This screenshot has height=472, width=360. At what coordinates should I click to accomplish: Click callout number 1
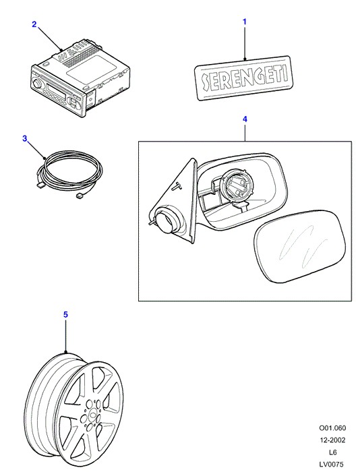(x=245, y=22)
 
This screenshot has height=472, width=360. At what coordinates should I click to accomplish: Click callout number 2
(x=34, y=24)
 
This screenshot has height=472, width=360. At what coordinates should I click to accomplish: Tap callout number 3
(x=25, y=139)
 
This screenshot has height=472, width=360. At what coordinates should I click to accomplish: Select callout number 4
(x=245, y=119)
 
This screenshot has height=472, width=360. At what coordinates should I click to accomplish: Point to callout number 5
(x=65, y=315)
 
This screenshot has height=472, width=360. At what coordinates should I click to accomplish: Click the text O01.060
(x=332, y=427)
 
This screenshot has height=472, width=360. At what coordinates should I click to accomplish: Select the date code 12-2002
(x=332, y=440)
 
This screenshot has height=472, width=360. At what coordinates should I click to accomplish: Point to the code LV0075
(x=331, y=465)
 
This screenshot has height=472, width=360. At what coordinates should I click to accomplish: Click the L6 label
(x=332, y=452)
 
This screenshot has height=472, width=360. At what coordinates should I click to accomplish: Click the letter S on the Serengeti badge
(x=205, y=82)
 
